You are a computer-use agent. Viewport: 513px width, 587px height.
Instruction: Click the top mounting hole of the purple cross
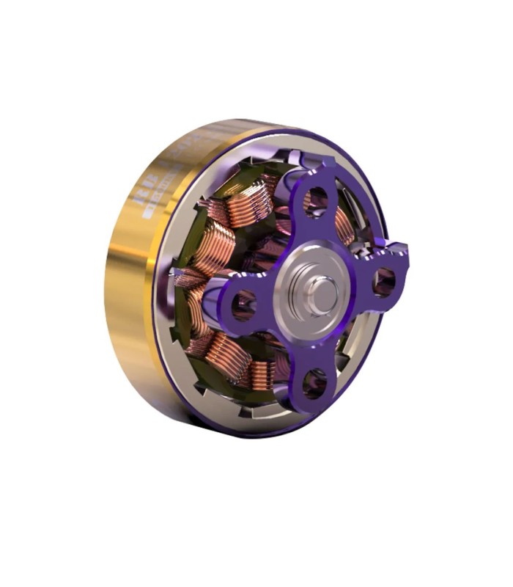tap(317, 197)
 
